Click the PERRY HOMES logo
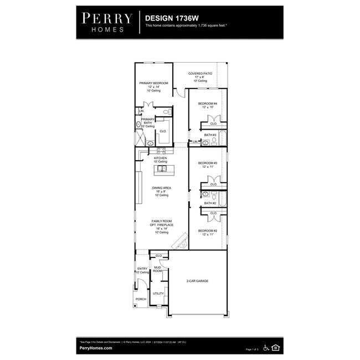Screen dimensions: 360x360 (107, 22)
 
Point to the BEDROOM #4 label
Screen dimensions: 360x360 (208, 105)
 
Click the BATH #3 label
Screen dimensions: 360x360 (210, 135)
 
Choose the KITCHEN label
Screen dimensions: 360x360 (160, 158)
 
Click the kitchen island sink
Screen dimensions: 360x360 (161, 168)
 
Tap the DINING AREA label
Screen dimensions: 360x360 (162, 188)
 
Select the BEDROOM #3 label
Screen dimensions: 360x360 (208, 163)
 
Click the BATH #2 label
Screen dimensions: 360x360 (210, 203)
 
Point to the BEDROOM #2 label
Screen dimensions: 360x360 (208, 230)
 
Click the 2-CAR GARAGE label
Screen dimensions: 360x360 (197, 281)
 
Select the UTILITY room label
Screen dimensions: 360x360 (158, 293)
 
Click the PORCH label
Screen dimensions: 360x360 (141, 300)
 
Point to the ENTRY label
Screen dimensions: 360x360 (142, 269)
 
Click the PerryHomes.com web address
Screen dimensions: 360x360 (96, 348)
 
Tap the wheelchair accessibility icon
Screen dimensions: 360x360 (266, 348)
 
